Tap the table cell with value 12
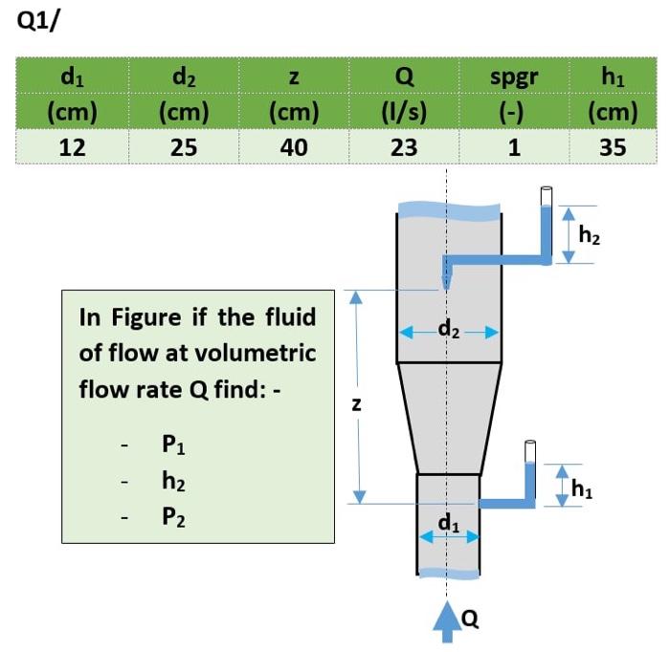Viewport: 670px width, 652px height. click(x=73, y=147)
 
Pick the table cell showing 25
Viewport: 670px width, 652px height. click(x=183, y=147)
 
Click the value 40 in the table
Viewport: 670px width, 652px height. click(x=295, y=147)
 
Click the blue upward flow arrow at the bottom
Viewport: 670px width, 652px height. click(x=447, y=619)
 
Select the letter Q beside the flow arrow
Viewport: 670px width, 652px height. click(x=470, y=620)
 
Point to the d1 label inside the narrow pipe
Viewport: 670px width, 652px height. click(x=448, y=522)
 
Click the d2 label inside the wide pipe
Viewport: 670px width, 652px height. click(x=448, y=331)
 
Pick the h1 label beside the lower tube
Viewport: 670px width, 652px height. click(x=582, y=488)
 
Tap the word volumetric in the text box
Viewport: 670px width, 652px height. click(x=256, y=353)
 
